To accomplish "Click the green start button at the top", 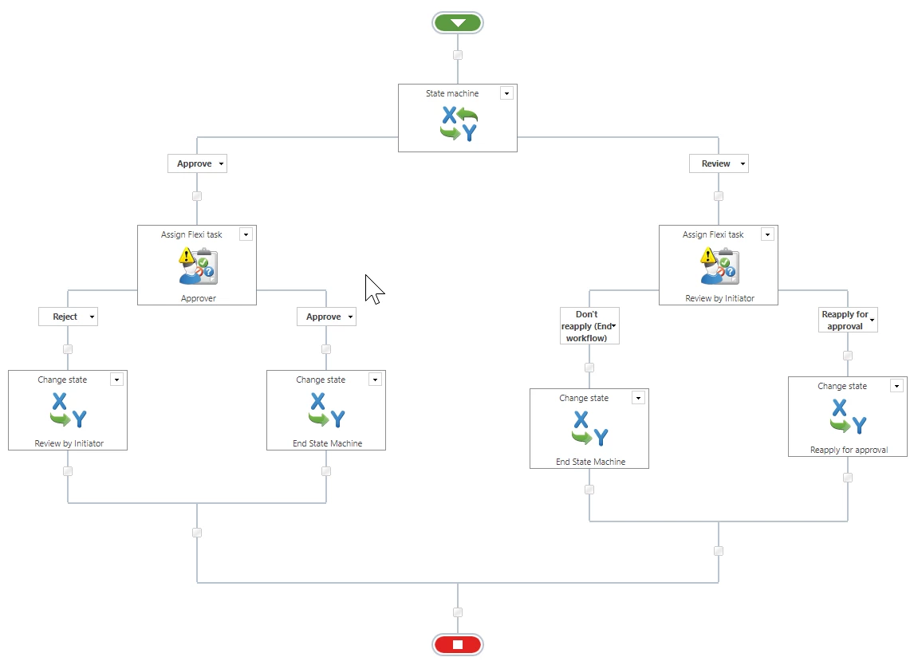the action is pyautogui.click(x=458, y=23).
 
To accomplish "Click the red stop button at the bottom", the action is pyautogui.click(x=458, y=644).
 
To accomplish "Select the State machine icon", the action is pyautogui.click(x=459, y=124).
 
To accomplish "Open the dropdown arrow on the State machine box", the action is pyautogui.click(x=506, y=93).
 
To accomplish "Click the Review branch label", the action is pyautogui.click(x=718, y=163).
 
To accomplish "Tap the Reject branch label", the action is pyautogui.click(x=68, y=317).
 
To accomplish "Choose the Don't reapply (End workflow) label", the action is pyautogui.click(x=589, y=326).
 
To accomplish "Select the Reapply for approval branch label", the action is pyautogui.click(x=848, y=320).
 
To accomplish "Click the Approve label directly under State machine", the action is pyautogui.click(x=197, y=163).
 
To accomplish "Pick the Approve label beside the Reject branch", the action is pyautogui.click(x=326, y=317).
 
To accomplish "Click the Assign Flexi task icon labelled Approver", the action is pyautogui.click(x=198, y=266).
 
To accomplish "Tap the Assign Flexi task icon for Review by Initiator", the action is pyautogui.click(x=720, y=266).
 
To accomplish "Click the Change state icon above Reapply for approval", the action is pyautogui.click(x=848, y=415).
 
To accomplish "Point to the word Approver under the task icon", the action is pyautogui.click(x=198, y=298).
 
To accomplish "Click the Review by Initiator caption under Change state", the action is pyautogui.click(x=69, y=443).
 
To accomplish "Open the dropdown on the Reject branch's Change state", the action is pyautogui.click(x=116, y=380).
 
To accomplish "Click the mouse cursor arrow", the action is pyautogui.click(x=373, y=289).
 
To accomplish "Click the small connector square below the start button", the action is pyautogui.click(x=458, y=55).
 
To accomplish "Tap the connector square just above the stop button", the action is pyautogui.click(x=458, y=612).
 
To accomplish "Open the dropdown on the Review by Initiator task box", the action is pyautogui.click(x=767, y=234).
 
